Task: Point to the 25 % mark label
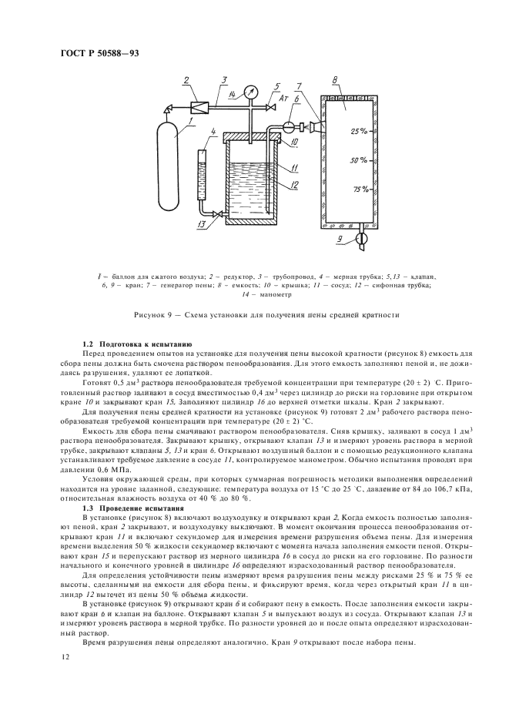pyautogui.click(x=357, y=132)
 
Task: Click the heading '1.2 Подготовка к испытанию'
pyautogui.click(x=138, y=342)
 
